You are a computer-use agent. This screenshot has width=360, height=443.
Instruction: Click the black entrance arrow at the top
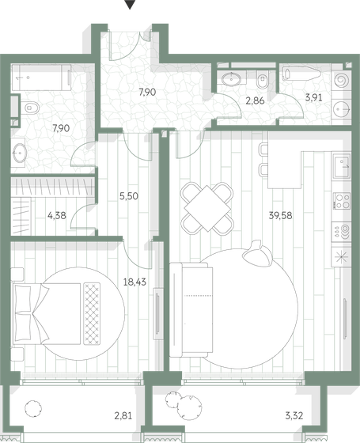coord(131,6)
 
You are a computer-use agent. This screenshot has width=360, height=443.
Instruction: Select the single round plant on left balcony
coord(32,409)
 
